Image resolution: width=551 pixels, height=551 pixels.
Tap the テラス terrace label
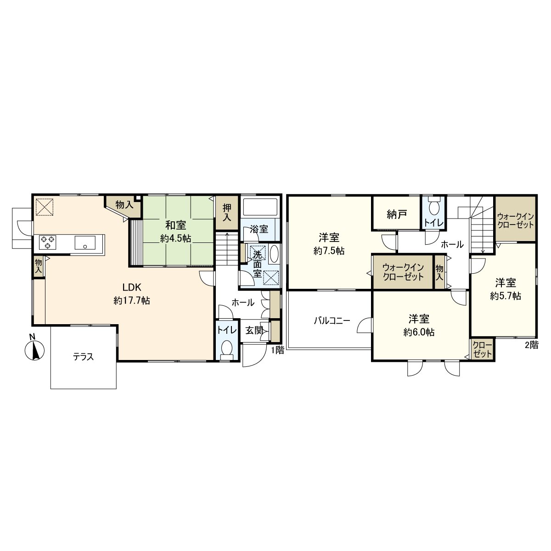(84, 357)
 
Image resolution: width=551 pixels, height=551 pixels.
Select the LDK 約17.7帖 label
(132, 294)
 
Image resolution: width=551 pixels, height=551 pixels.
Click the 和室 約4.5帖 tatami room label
(176, 231)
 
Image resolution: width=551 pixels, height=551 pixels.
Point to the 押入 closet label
(226, 212)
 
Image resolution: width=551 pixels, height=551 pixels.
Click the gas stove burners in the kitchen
(48, 242)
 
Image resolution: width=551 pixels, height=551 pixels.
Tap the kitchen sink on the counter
(85, 242)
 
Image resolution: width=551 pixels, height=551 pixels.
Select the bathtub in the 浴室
(260, 207)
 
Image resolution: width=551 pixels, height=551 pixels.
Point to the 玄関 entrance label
(253, 330)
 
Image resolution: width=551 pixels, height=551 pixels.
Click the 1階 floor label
(277, 351)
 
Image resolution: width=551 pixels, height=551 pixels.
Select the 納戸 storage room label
(396, 215)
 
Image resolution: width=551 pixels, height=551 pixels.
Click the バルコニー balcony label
(332, 320)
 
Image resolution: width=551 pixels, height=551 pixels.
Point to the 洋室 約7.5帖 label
(329, 244)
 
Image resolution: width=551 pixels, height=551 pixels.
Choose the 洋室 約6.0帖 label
(419, 325)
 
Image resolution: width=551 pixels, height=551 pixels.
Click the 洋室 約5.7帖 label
(505, 289)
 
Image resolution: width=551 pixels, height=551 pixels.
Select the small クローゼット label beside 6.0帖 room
(482, 349)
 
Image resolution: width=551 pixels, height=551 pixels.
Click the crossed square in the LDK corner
(45, 206)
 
